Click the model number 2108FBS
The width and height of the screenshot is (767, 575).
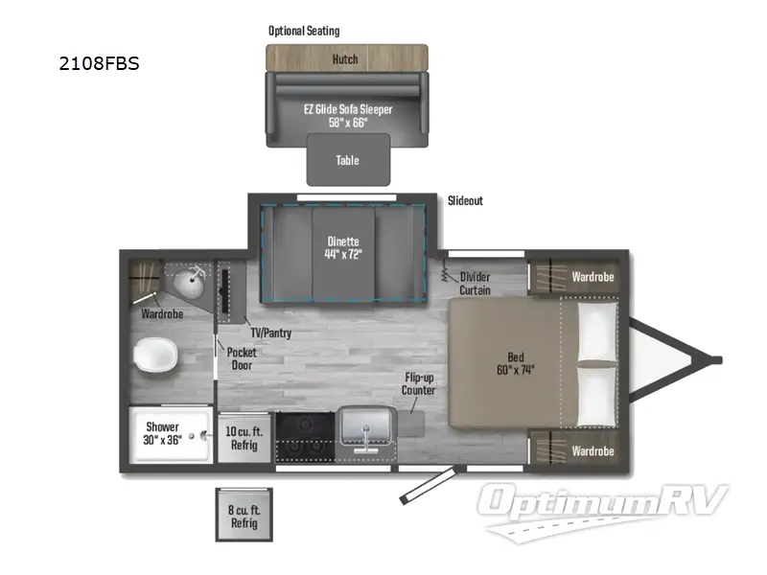coord(99,66)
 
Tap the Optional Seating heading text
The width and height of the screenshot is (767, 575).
coord(304,31)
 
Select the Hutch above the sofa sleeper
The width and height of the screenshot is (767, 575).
coord(345,59)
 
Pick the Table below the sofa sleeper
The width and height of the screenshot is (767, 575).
coord(348,160)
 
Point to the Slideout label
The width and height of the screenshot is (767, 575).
coord(465,200)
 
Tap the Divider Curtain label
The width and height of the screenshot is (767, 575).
coord(475,284)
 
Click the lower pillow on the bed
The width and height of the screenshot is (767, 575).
coord(596,395)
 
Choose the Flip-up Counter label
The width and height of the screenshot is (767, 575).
coord(418,383)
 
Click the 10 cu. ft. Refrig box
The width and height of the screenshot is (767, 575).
coord(244,439)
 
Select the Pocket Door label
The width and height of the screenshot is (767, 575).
coord(242,359)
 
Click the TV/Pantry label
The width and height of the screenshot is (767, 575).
coord(272,333)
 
